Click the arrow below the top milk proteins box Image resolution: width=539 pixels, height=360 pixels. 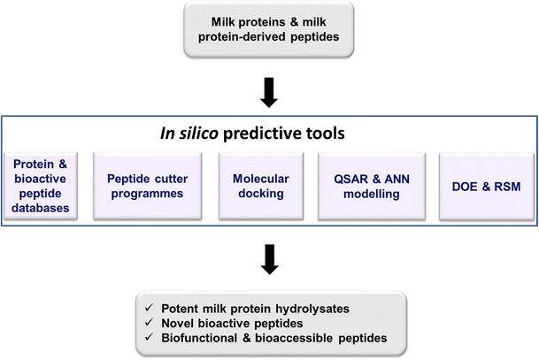(268, 90)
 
